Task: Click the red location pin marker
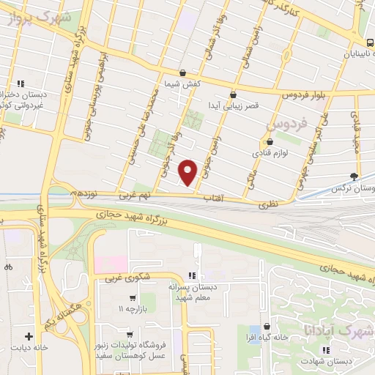click(189, 171)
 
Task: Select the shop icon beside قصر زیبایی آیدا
click(234, 94)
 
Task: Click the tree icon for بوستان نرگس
click(354, 176)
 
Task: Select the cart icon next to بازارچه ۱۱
click(132, 297)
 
